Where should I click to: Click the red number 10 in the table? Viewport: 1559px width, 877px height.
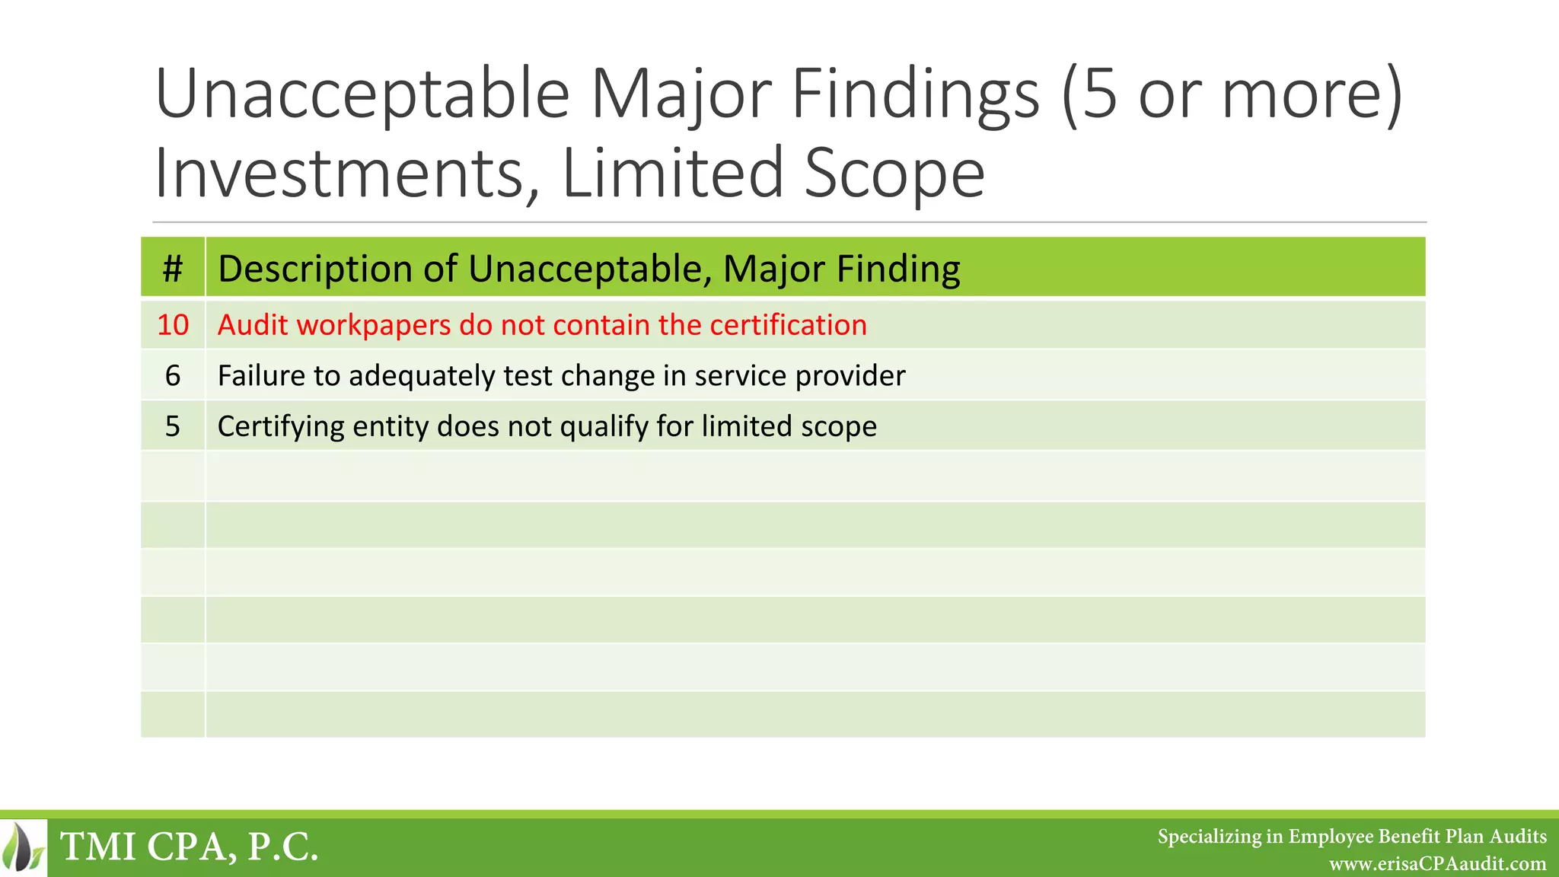(173, 325)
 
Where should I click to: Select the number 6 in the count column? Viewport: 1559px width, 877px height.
(173, 375)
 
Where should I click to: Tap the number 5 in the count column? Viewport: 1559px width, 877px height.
(173, 426)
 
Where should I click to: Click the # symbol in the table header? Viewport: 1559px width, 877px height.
(173, 268)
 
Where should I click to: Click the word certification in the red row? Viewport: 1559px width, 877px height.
(789, 325)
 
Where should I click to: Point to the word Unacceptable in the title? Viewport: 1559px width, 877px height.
(362, 94)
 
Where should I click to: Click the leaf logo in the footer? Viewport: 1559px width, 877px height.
(24, 846)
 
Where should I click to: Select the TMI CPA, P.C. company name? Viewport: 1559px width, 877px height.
(189, 847)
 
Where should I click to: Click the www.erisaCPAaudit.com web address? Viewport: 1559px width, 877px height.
(1437, 864)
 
